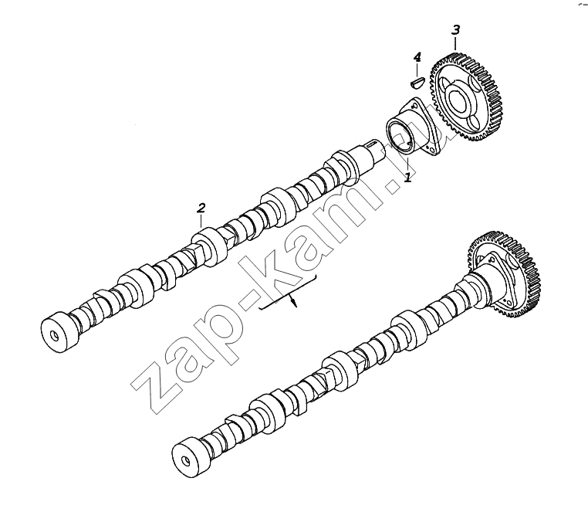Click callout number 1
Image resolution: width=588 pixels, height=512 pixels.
(x=408, y=176)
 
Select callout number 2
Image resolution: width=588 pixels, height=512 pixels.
(x=201, y=208)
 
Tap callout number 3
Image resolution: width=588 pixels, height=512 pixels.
(x=455, y=29)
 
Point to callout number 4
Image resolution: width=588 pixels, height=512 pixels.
(x=417, y=57)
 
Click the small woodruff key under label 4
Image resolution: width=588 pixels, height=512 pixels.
(x=416, y=82)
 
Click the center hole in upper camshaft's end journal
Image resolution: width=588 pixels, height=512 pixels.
(x=54, y=335)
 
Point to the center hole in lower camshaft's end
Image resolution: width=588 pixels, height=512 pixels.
(x=185, y=460)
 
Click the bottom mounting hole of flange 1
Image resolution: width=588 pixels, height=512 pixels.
(x=434, y=151)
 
